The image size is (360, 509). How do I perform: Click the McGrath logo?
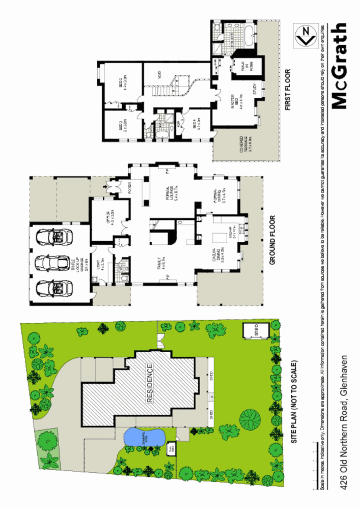(339, 66)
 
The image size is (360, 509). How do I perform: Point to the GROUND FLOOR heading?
(272, 240)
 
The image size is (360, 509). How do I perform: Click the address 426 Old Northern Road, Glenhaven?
(346, 422)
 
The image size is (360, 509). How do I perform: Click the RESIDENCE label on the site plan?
(150, 383)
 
